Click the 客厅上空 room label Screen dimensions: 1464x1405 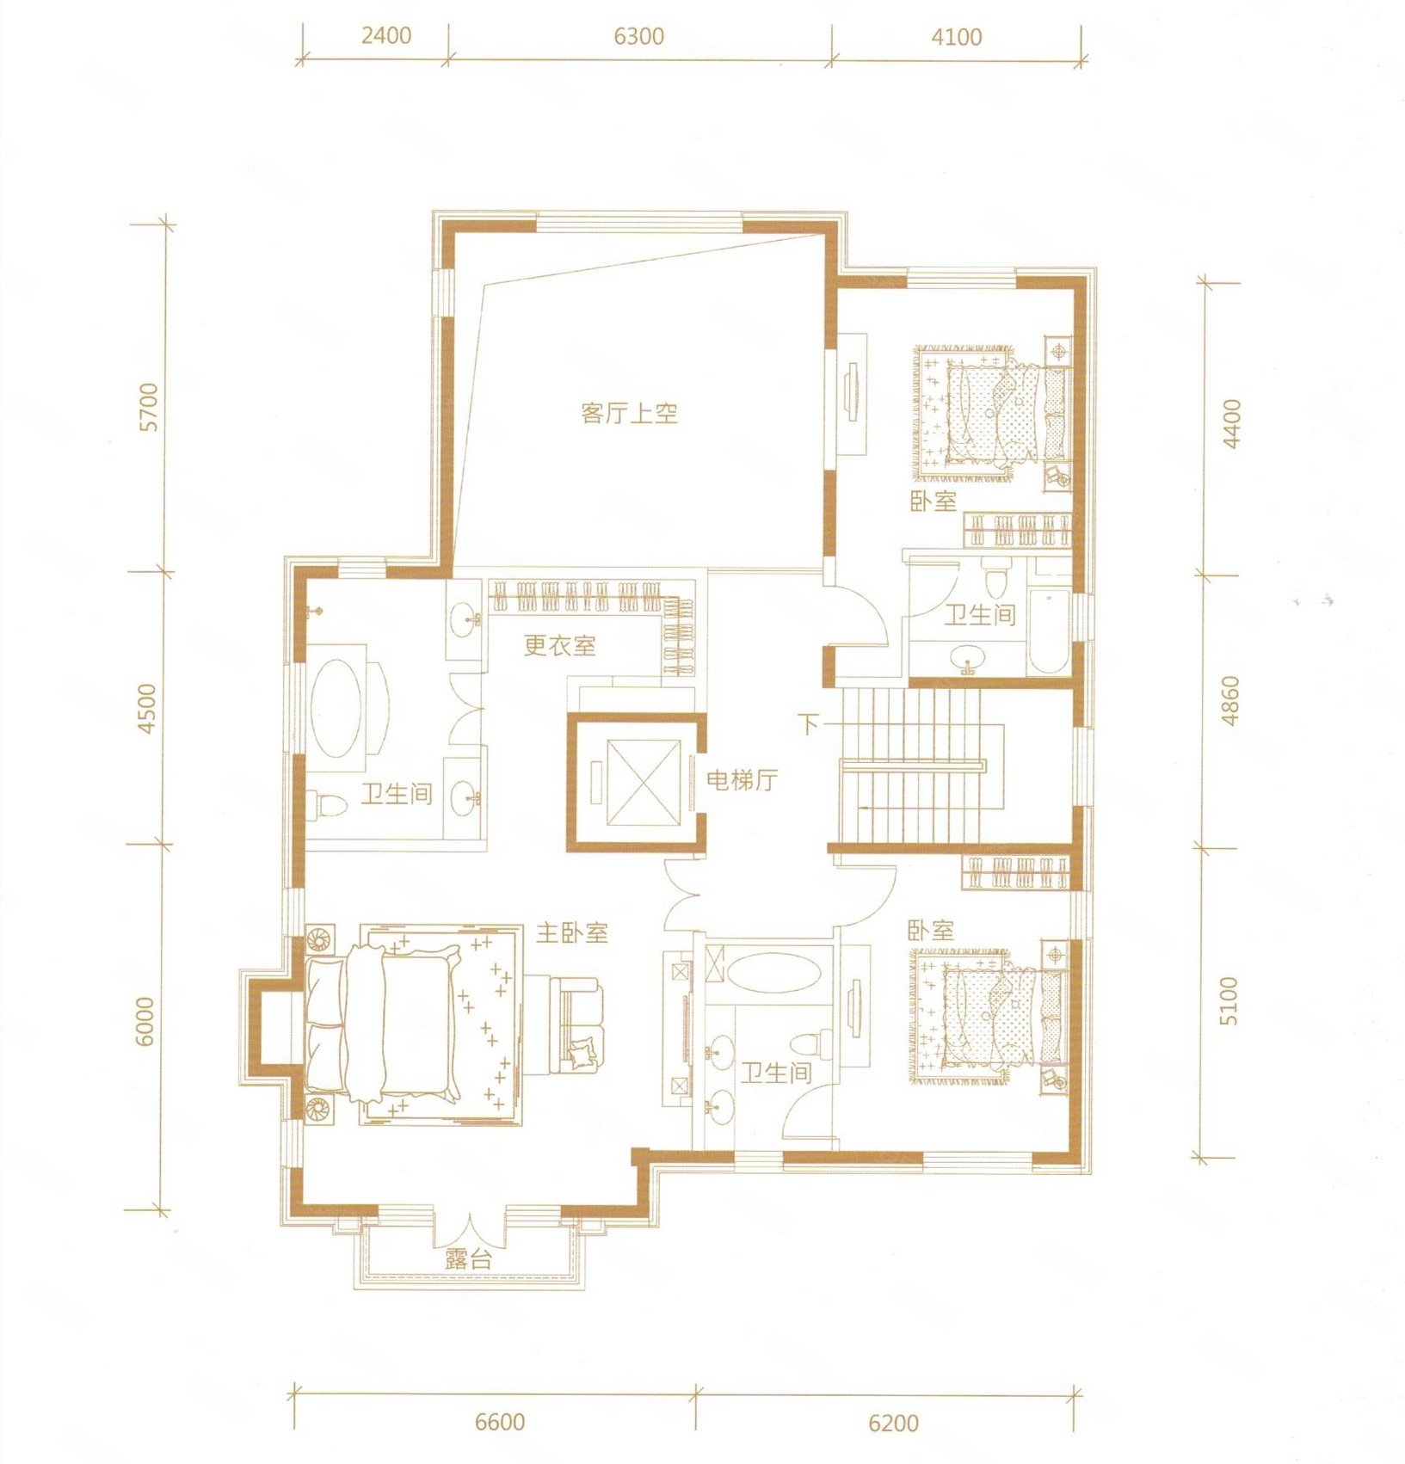tap(629, 414)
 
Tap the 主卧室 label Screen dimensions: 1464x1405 tap(572, 932)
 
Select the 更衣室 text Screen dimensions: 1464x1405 tap(559, 645)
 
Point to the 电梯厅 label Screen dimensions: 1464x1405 tap(742, 780)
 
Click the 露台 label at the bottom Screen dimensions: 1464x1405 tap(469, 1260)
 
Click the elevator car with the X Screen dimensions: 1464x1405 tap(637, 782)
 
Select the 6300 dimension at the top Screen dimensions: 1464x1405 tap(639, 36)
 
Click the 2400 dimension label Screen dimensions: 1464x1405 tap(386, 36)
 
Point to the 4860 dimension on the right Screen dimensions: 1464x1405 tap(1230, 701)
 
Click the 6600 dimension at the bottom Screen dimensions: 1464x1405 tap(500, 1421)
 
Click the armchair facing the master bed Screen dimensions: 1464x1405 tap(577, 1023)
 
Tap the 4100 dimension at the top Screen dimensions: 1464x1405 tap(957, 36)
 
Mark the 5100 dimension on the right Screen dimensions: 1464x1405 tap(1230, 1000)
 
